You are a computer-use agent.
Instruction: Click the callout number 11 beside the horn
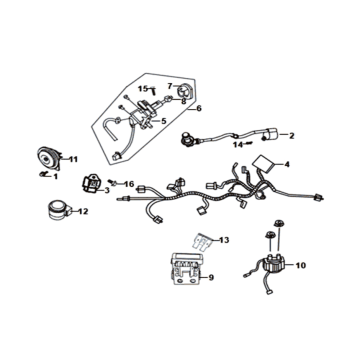(71, 159)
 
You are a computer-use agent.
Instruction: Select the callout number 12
(83, 211)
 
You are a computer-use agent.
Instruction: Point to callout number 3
(107, 190)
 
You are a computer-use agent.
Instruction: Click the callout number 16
(129, 185)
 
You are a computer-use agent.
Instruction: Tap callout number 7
(170, 86)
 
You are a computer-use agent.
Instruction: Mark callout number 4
(289, 164)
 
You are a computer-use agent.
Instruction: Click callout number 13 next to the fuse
(225, 241)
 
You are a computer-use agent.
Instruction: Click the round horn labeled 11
(47, 158)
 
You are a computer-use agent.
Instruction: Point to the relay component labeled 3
(92, 185)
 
